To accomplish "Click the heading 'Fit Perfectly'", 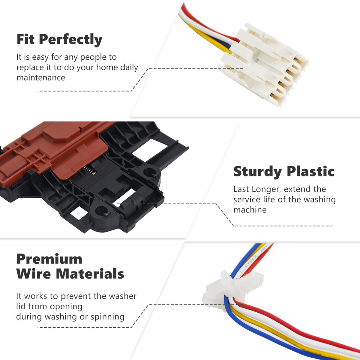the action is click(59, 40).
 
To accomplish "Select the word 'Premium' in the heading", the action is click(49, 259).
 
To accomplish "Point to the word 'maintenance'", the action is click(41, 77).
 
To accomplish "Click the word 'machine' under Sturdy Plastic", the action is click(250, 210).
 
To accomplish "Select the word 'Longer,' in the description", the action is click(266, 189).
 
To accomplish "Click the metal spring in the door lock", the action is click(90, 170).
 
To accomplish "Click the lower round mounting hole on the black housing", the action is click(101, 211).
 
